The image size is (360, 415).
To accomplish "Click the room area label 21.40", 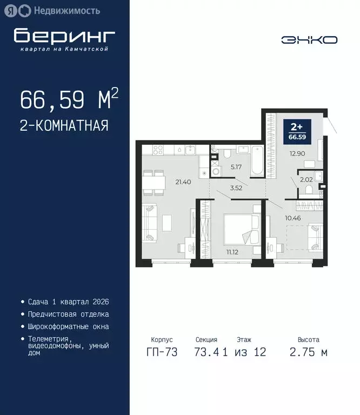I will point(184,181).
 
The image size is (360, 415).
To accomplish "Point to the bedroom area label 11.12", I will point(233,252).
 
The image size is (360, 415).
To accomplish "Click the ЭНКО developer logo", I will point(309,39).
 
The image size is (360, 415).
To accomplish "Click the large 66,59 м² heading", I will point(69,100).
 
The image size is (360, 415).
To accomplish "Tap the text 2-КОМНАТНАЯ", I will point(64,126).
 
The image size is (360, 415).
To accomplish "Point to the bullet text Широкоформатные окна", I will point(68,326).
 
